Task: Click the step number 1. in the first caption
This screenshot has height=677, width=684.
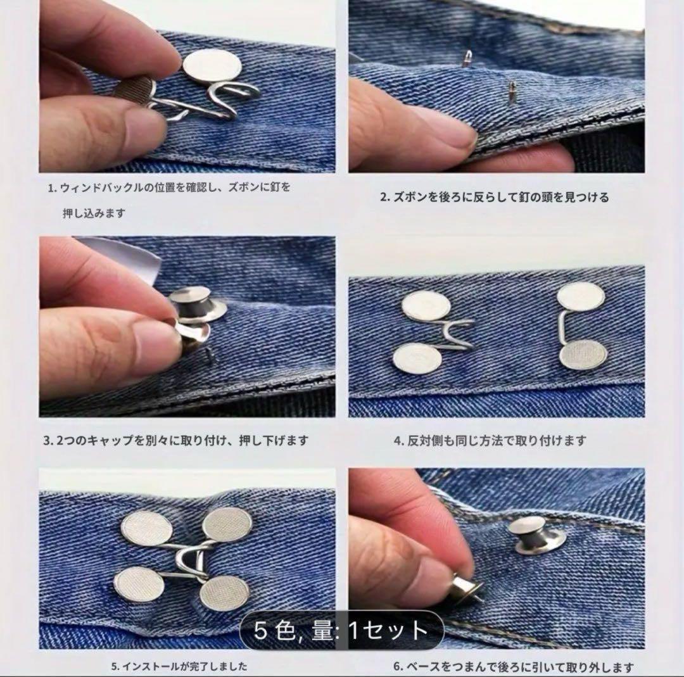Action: [x=53, y=189]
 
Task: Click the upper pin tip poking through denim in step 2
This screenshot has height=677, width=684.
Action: [x=467, y=58]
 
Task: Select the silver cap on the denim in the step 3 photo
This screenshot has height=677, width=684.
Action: [x=197, y=303]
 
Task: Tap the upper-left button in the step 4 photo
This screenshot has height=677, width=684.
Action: [x=426, y=306]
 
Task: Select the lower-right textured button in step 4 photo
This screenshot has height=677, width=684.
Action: [x=583, y=355]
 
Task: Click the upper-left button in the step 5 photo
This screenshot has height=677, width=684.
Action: [x=147, y=529]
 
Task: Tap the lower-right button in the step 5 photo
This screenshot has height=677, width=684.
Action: [x=225, y=593]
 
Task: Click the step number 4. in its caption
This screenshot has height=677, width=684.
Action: [x=399, y=441]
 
